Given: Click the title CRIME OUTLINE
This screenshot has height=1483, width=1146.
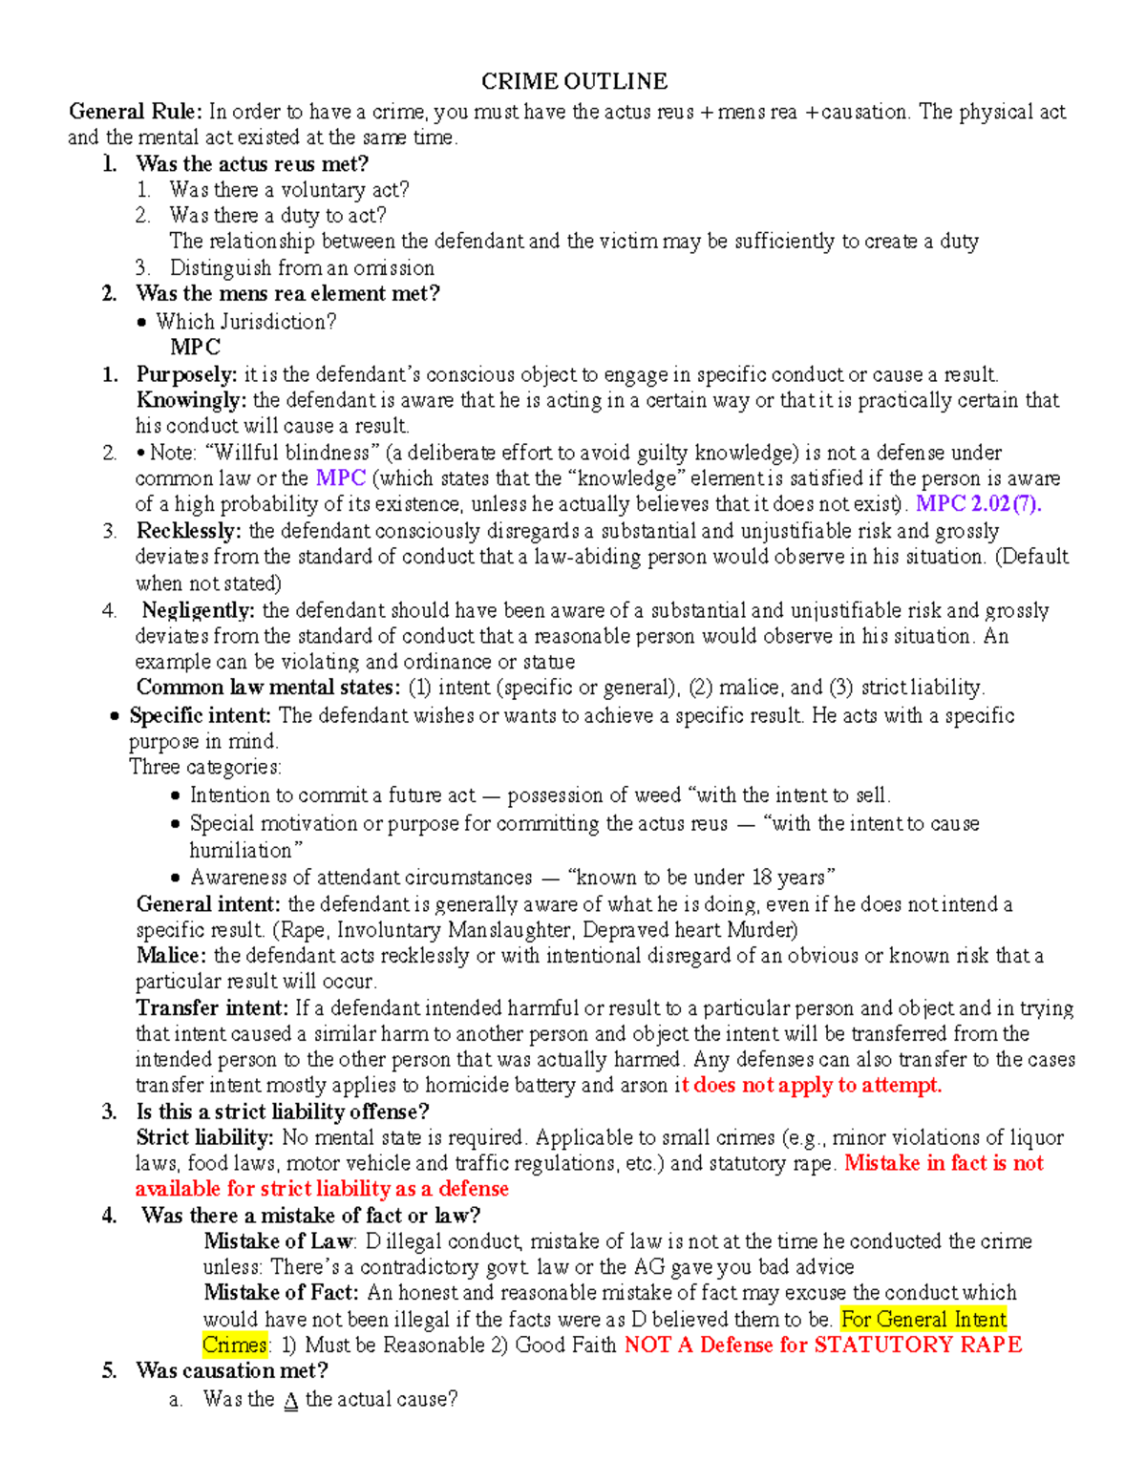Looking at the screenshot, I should (573, 81).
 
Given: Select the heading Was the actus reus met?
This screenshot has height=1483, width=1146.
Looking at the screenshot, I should (252, 163).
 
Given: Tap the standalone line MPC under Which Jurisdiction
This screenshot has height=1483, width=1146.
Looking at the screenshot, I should (195, 347).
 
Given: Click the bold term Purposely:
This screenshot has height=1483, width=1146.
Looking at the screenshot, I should (186, 374).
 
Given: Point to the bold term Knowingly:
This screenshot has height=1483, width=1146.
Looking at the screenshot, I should (191, 400).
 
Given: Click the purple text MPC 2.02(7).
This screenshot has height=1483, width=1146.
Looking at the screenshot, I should (978, 504).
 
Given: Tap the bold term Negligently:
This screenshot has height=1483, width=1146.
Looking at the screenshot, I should (199, 610).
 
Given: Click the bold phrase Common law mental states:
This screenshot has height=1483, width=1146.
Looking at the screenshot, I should (268, 688).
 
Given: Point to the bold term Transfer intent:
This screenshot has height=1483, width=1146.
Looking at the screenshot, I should (212, 1008).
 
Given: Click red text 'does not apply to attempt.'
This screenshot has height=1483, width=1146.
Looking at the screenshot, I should (817, 1086).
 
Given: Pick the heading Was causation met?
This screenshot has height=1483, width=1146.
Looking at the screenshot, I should (232, 1371).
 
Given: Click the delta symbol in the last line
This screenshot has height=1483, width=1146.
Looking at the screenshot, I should (291, 1401).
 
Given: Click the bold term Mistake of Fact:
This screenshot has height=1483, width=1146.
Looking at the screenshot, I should (282, 1293).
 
